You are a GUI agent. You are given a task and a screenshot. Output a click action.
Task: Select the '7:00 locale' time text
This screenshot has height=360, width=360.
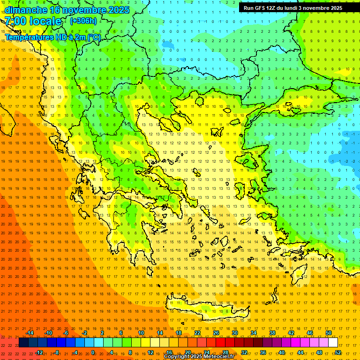[33, 21]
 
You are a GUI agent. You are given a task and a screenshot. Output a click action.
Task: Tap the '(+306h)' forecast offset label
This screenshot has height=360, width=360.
[83, 21]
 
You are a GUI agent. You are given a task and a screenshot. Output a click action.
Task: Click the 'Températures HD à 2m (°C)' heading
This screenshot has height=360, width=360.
[52, 37]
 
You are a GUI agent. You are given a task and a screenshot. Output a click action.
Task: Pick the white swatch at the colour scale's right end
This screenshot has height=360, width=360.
[333, 343]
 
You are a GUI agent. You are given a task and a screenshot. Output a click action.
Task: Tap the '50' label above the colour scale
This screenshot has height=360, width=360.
[329, 333]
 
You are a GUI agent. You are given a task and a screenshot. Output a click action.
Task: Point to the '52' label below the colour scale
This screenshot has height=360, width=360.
[338, 352]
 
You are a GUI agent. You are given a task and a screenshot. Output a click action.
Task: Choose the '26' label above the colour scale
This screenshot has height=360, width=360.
[216, 333]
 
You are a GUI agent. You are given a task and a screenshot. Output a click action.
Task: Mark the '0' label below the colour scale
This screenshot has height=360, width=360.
[93, 352]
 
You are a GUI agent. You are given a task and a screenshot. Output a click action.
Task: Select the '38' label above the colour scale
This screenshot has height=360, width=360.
[272, 333]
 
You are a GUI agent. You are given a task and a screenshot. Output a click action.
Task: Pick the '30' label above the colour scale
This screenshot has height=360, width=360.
[235, 333]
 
